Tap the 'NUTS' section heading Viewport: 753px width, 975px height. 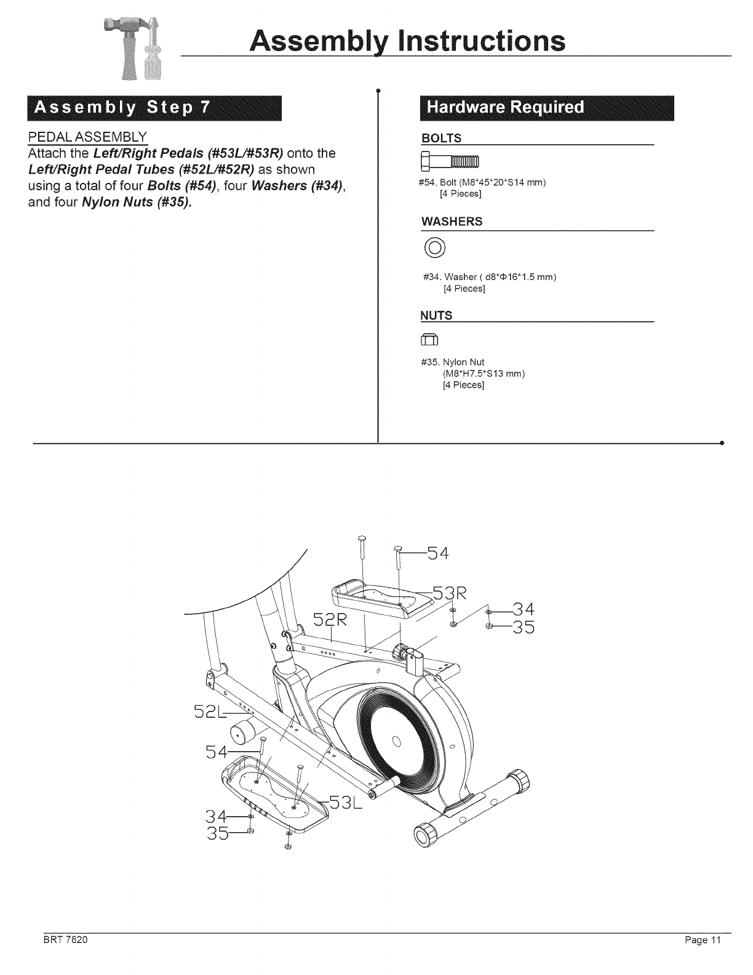[436, 316]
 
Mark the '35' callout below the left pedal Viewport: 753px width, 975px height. [217, 834]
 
